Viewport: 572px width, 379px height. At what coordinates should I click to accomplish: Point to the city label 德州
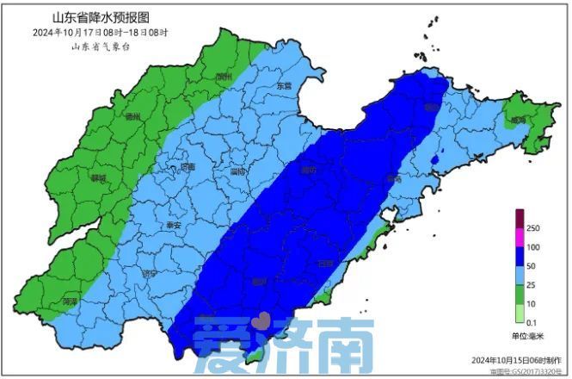tap(133, 117)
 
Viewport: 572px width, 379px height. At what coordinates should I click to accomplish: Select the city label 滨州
tap(224, 77)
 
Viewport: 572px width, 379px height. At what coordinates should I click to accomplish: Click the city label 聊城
tap(97, 179)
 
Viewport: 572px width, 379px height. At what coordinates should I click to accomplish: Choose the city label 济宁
tap(150, 273)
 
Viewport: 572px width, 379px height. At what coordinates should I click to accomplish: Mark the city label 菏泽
tap(71, 301)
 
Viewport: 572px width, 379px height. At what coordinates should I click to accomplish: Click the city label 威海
tap(517, 120)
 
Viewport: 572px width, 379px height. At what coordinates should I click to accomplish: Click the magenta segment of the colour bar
tap(520, 238)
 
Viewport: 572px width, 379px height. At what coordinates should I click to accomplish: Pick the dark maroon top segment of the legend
tap(520, 219)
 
